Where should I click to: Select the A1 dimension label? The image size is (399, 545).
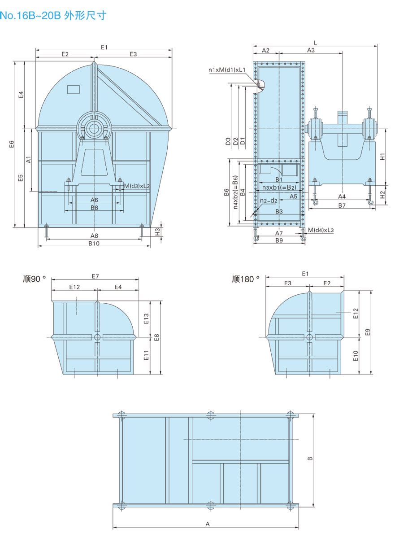pyautogui.click(x=28, y=159)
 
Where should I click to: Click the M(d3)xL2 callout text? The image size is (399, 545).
pyautogui.click(x=137, y=186)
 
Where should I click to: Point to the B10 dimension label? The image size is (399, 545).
pyautogui.click(x=94, y=243)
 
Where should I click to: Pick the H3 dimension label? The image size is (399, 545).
pyautogui.click(x=157, y=231)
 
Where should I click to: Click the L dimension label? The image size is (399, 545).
pyautogui.click(x=315, y=43)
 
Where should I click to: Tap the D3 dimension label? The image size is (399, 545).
pyautogui.click(x=228, y=141)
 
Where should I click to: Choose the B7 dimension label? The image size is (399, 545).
pyautogui.click(x=342, y=205)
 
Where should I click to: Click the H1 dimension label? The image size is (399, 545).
pyautogui.click(x=382, y=157)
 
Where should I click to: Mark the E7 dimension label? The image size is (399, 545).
pyautogui.click(x=95, y=276)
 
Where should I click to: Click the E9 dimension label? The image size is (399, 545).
pyautogui.click(x=368, y=332)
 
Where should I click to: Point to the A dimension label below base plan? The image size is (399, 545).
pyautogui.click(x=207, y=523)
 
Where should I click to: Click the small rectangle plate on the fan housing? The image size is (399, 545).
pyautogui.click(x=73, y=89)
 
